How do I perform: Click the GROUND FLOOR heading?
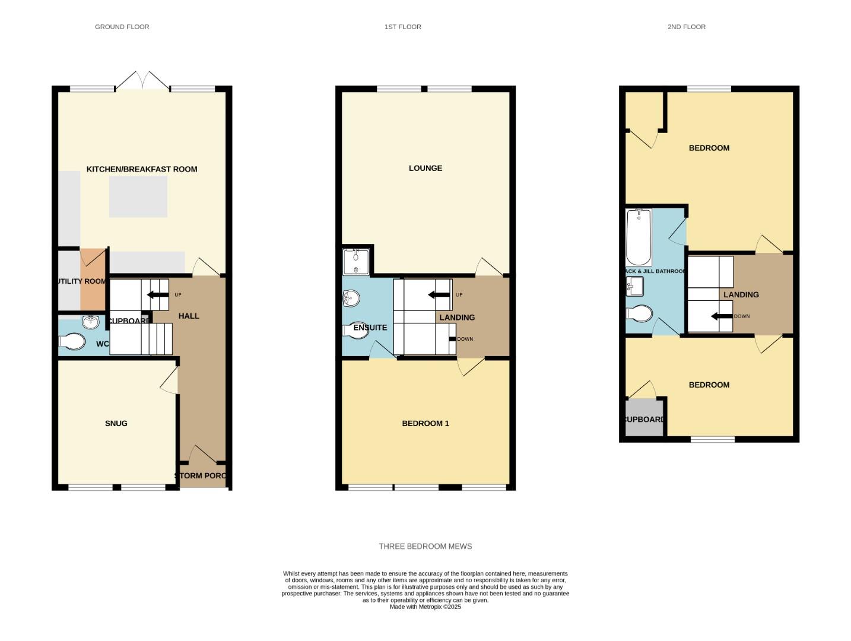pyautogui.click(x=122, y=27)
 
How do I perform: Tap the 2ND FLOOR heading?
pyautogui.click(x=686, y=27)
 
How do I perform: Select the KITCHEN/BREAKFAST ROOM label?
pyautogui.click(x=142, y=169)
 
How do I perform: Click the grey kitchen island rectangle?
pyautogui.click(x=138, y=196)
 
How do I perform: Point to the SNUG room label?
pyautogui.click(x=116, y=423)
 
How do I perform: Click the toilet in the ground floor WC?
pyautogui.click(x=72, y=342)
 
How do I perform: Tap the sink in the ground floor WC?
pyautogui.click(x=91, y=322)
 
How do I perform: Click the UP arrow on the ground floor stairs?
pyautogui.click(x=158, y=294)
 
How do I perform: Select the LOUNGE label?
pyautogui.click(x=425, y=168)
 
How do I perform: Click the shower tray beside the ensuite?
pyautogui.click(x=356, y=262)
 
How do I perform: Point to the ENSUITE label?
pyautogui.click(x=370, y=328)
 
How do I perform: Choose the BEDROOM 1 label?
pyautogui.click(x=425, y=423)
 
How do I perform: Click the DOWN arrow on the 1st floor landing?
pyautogui.click(x=452, y=339)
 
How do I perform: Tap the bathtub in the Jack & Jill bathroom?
pyautogui.click(x=639, y=237)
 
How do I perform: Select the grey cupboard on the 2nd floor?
pyautogui.click(x=644, y=419)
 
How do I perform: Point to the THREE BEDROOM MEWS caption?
pyautogui.click(x=425, y=546)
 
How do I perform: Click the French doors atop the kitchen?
pyautogui.click(x=142, y=81)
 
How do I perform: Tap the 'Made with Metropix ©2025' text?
pyautogui.click(x=425, y=607)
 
